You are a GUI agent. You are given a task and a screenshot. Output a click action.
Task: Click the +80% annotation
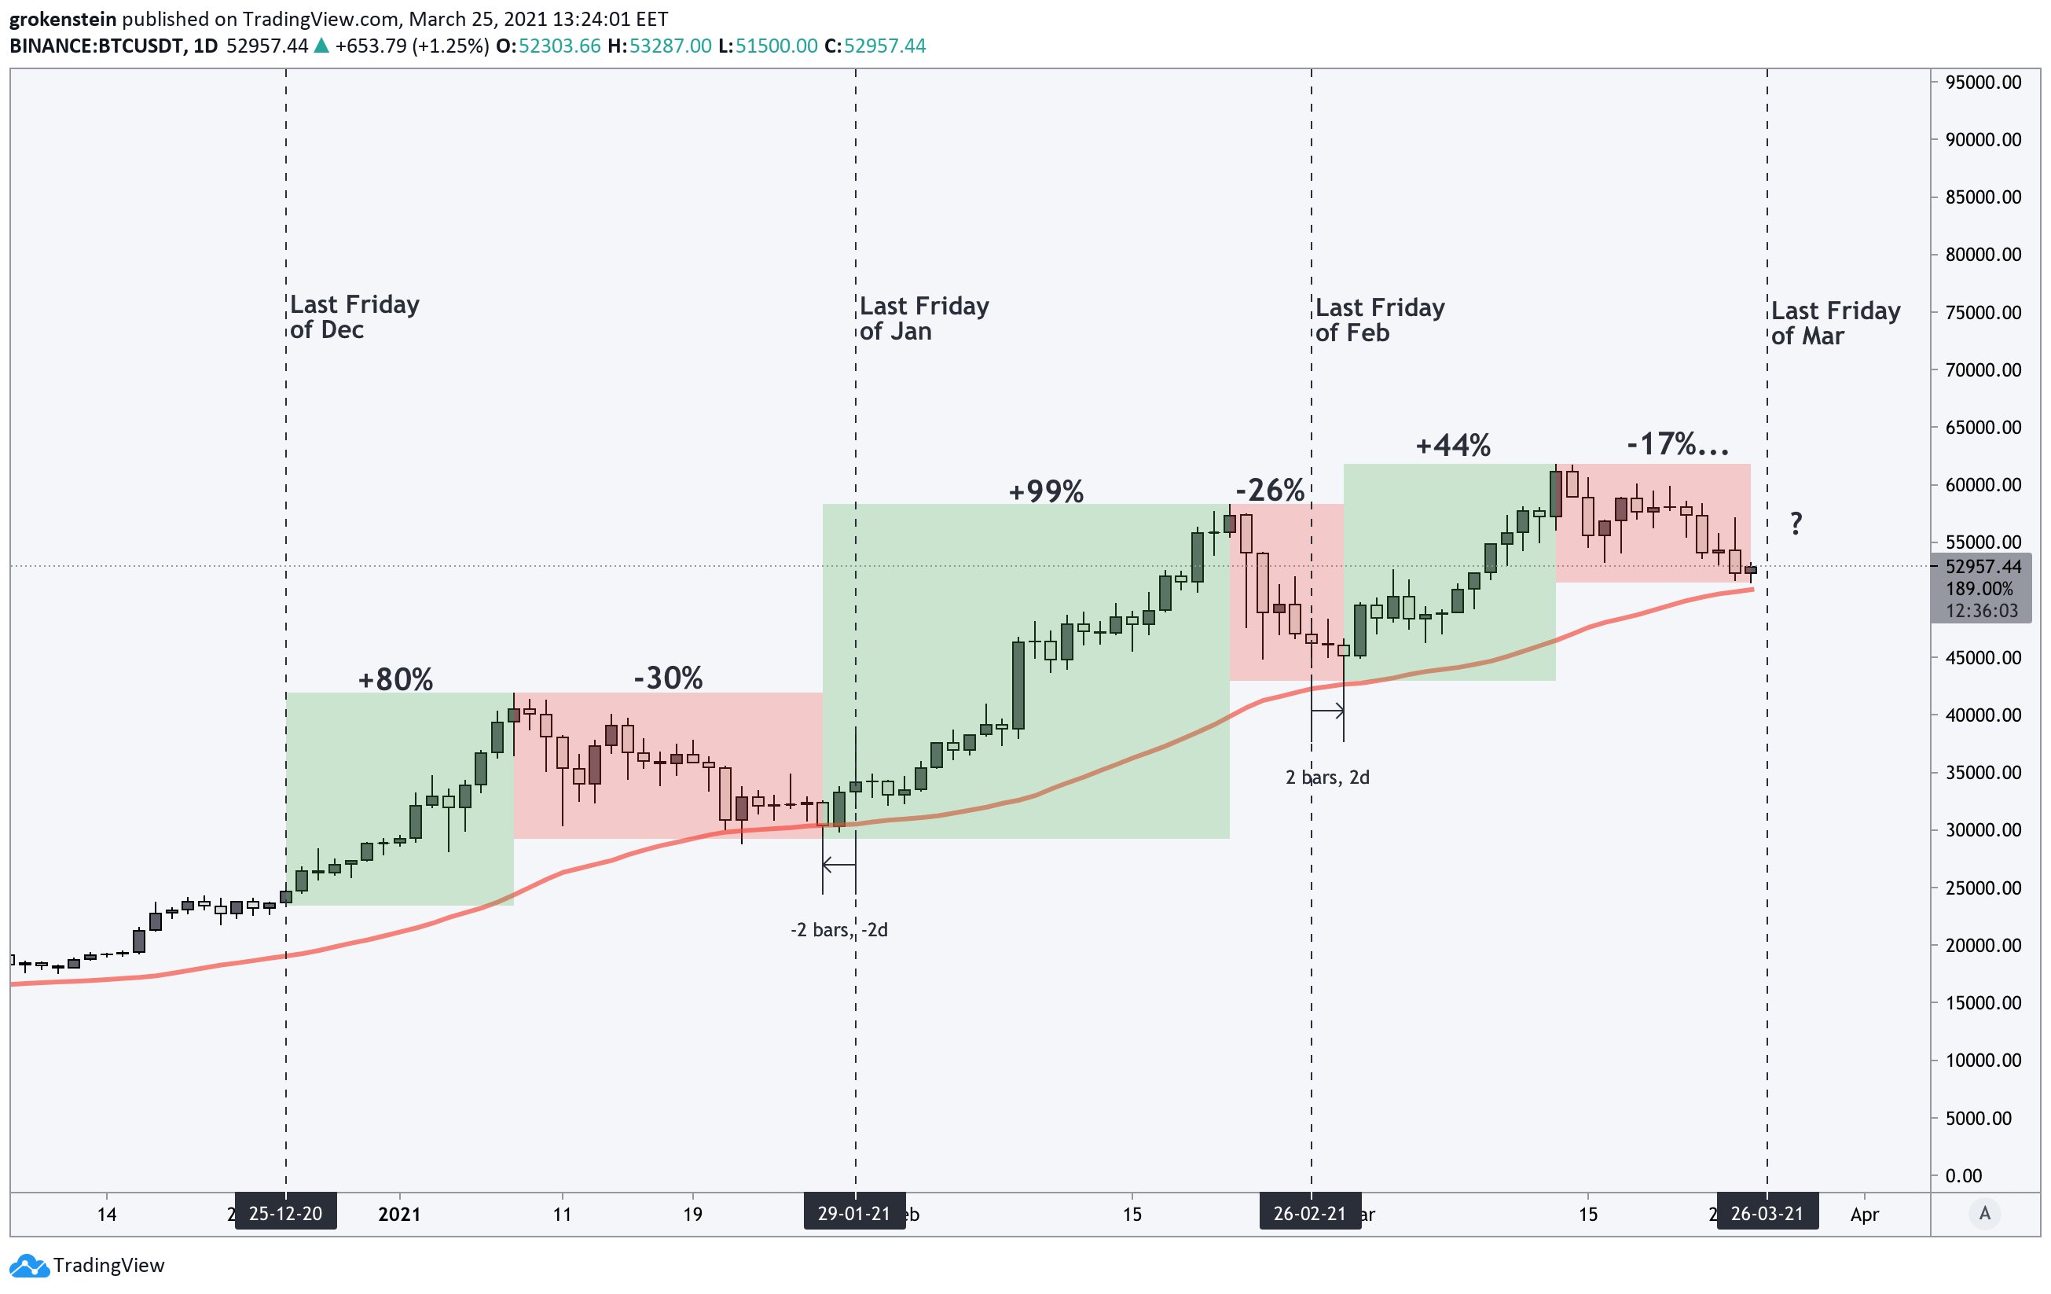tap(395, 680)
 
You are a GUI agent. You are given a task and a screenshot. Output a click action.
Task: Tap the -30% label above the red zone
tap(668, 678)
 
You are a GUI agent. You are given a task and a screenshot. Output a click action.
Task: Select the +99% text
tap(1046, 491)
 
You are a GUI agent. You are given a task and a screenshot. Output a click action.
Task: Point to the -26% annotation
tap(1269, 490)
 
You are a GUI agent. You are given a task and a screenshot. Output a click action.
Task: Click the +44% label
tap(1453, 446)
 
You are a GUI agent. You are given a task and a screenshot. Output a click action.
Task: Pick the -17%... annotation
tap(1677, 444)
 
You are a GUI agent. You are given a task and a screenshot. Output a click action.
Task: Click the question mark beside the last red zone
tap(1796, 523)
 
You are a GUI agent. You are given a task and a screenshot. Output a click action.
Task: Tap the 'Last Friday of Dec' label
tap(354, 317)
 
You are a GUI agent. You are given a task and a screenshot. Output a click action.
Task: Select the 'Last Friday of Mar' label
tap(1835, 323)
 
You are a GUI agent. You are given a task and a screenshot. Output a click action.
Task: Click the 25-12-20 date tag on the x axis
tap(285, 1213)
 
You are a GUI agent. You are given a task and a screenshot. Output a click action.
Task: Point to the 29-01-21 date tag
tap(854, 1213)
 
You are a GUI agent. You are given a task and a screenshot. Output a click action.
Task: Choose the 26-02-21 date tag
tap(1310, 1213)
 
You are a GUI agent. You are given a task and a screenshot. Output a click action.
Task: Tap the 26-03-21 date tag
tap(1767, 1213)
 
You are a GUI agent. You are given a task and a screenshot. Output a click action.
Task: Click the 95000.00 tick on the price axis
tap(1983, 83)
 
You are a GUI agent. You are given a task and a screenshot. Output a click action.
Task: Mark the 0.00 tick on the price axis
tap(1963, 1175)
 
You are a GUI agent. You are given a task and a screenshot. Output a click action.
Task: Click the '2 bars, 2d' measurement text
tap(1327, 777)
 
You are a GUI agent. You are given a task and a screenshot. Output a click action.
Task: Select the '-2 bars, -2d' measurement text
tap(839, 929)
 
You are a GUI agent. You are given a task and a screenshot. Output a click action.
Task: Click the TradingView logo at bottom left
tap(89, 1265)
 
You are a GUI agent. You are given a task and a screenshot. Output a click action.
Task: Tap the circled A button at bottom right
tap(1984, 1213)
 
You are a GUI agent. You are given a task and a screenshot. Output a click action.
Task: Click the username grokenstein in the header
tap(63, 19)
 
